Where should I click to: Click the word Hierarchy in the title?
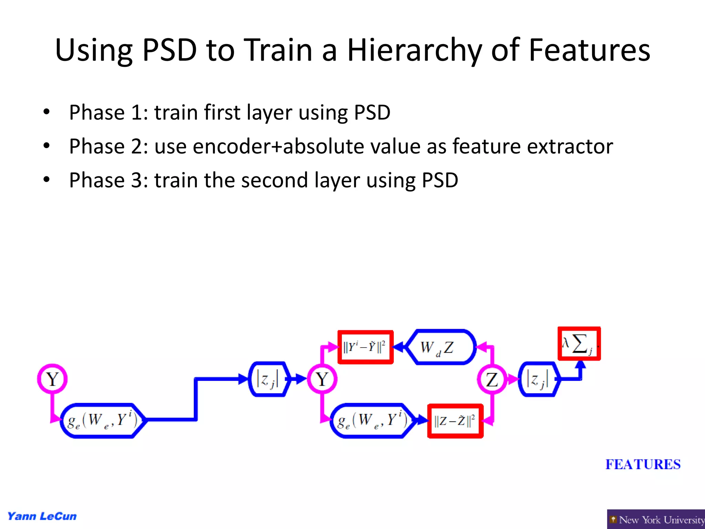click(x=414, y=51)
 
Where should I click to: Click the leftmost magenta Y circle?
click(x=52, y=379)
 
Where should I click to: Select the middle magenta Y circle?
click(x=322, y=379)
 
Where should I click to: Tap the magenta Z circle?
click(x=492, y=380)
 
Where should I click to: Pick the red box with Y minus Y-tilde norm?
click(x=365, y=347)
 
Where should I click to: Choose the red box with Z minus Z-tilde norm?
click(x=455, y=421)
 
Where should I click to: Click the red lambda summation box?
click(x=579, y=344)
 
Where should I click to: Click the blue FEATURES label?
click(x=643, y=464)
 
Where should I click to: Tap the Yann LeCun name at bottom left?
click(x=42, y=516)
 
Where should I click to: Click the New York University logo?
click(x=656, y=519)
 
